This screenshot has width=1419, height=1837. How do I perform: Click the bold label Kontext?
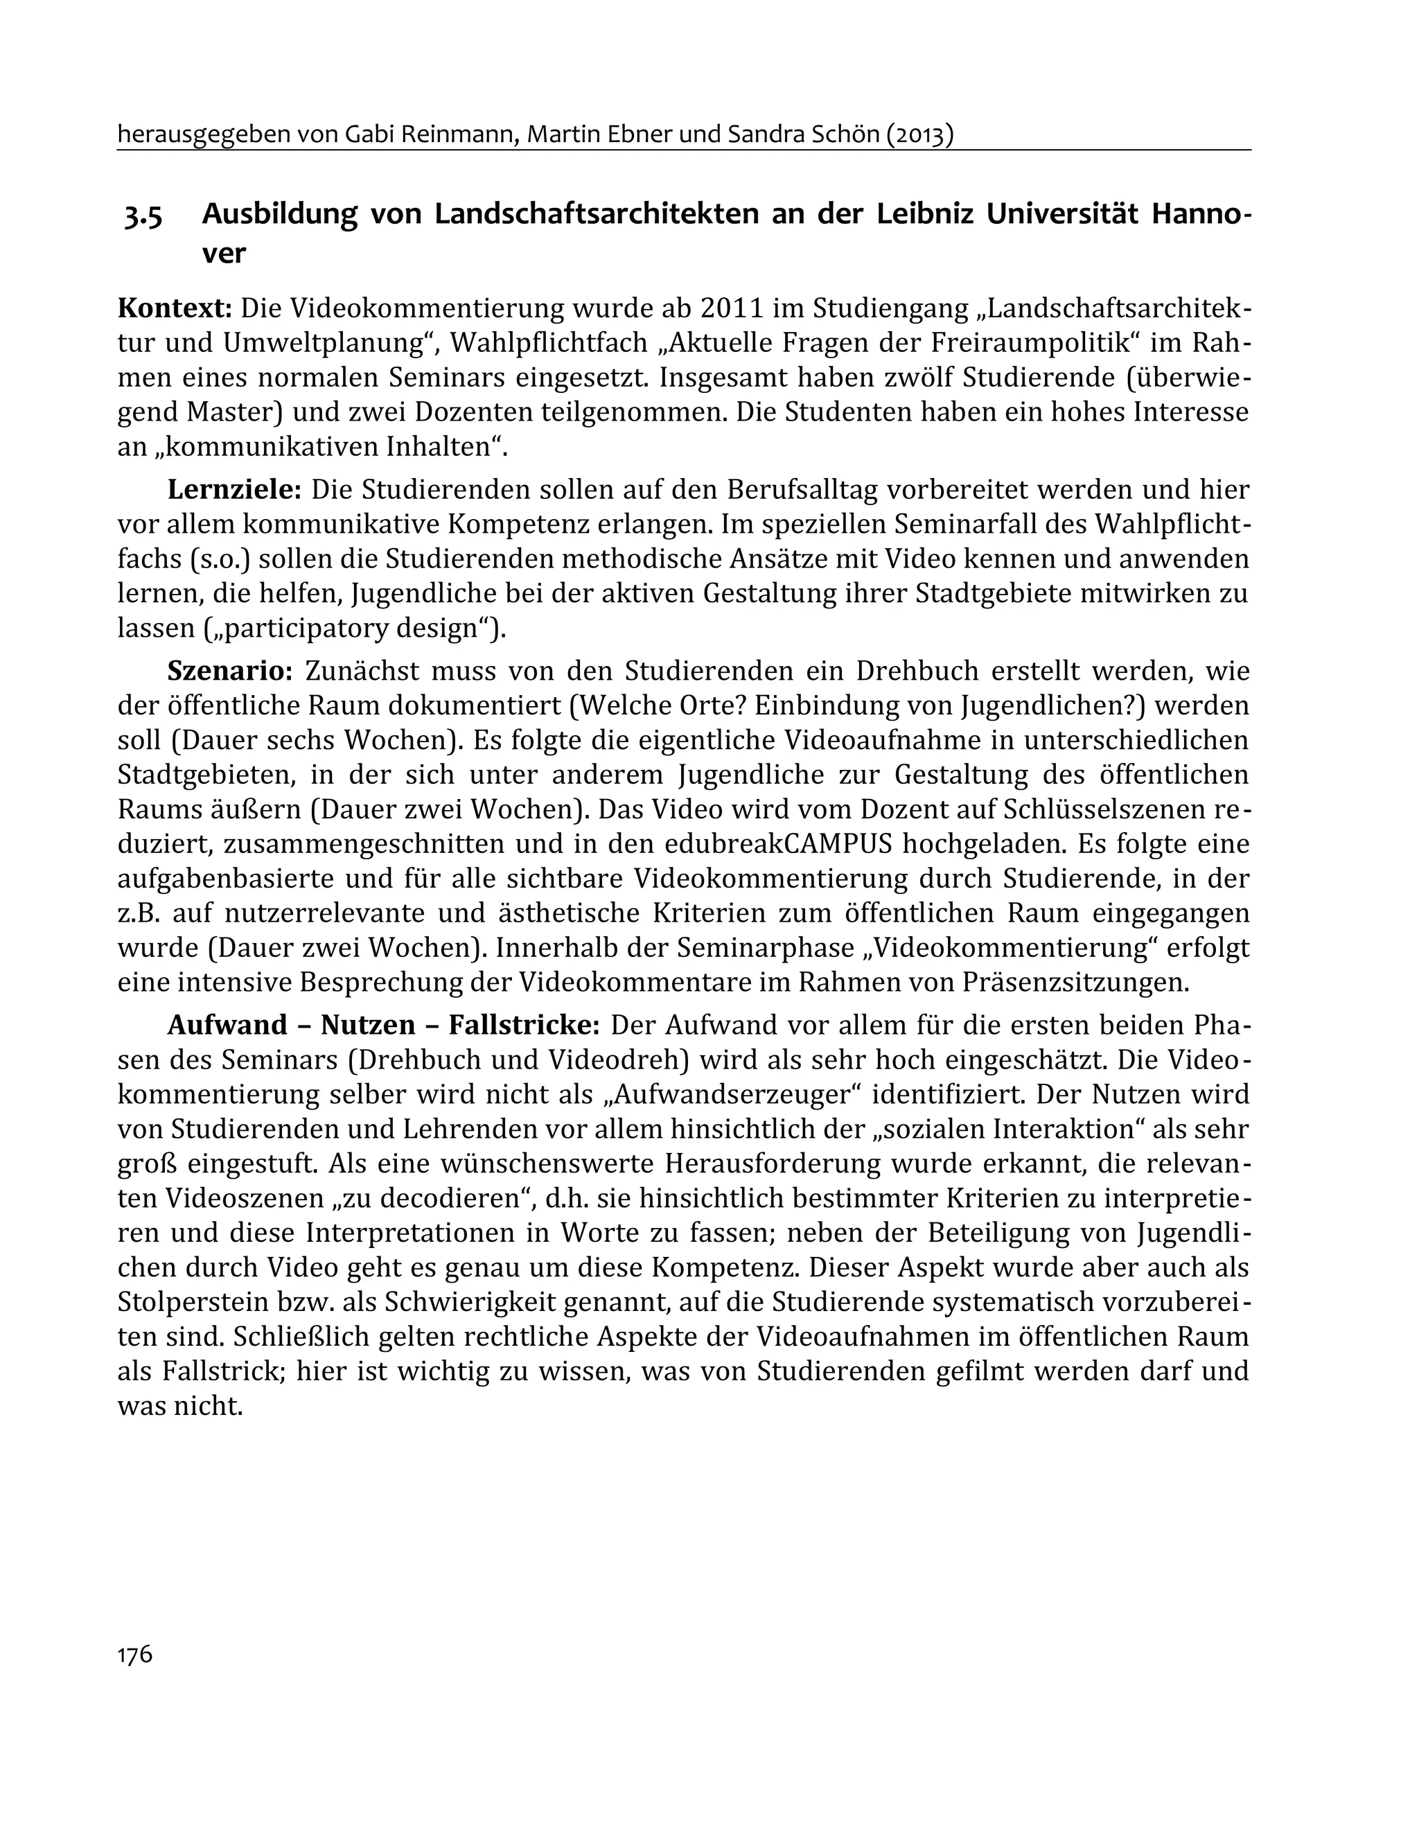coord(174,308)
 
